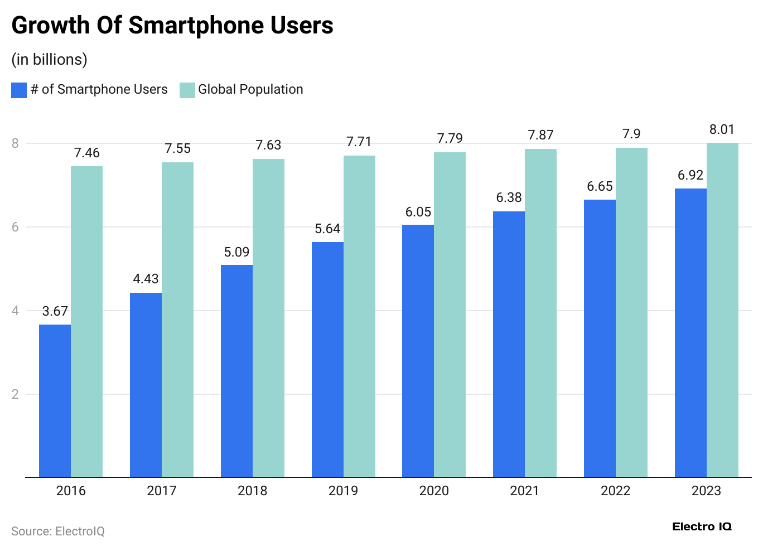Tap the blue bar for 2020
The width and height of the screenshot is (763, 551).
[418, 351]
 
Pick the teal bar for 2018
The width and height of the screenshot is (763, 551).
[268, 318]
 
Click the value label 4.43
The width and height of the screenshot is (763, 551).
[146, 279]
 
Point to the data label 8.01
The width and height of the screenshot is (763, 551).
[722, 129]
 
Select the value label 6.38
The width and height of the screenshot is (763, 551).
[509, 197]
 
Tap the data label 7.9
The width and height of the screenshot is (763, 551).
[631, 134]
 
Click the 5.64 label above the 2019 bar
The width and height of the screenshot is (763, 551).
[327, 229]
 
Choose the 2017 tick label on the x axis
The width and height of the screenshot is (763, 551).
[161, 491]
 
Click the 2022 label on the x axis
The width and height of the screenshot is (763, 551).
[615, 491]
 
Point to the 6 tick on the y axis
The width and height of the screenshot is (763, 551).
[15, 227]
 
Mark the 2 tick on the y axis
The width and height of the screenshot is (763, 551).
[15, 394]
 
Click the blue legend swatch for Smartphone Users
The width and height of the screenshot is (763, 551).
[19, 90]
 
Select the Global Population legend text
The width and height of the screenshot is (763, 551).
[250, 89]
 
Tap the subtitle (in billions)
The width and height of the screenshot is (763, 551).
[49, 59]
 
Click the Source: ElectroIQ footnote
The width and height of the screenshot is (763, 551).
[58, 531]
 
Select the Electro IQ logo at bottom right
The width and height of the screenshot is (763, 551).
[702, 526]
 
